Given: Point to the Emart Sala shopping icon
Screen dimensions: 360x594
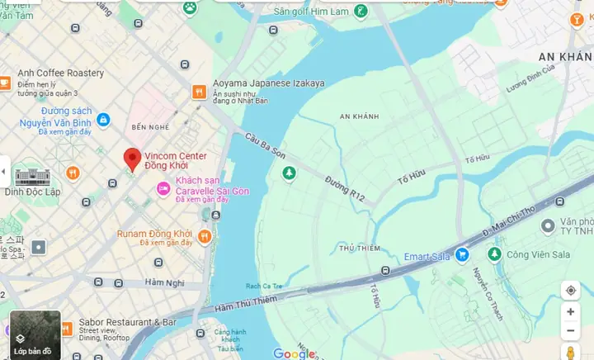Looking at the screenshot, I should click(x=463, y=256).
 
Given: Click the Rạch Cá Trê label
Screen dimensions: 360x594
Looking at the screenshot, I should click(x=261, y=286).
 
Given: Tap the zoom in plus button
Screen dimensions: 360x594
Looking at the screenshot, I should click(x=570, y=312).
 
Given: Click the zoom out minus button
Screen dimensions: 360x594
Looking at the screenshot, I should click(x=570, y=332).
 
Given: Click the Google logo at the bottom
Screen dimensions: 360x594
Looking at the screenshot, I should click(x=295, y=353).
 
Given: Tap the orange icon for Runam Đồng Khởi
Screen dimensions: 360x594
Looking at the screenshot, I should click(x=205, y=237).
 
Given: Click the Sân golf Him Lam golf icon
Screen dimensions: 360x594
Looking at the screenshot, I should click(x=361, y=12).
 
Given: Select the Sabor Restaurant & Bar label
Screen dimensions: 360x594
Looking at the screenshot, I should click(x=127, y=322).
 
